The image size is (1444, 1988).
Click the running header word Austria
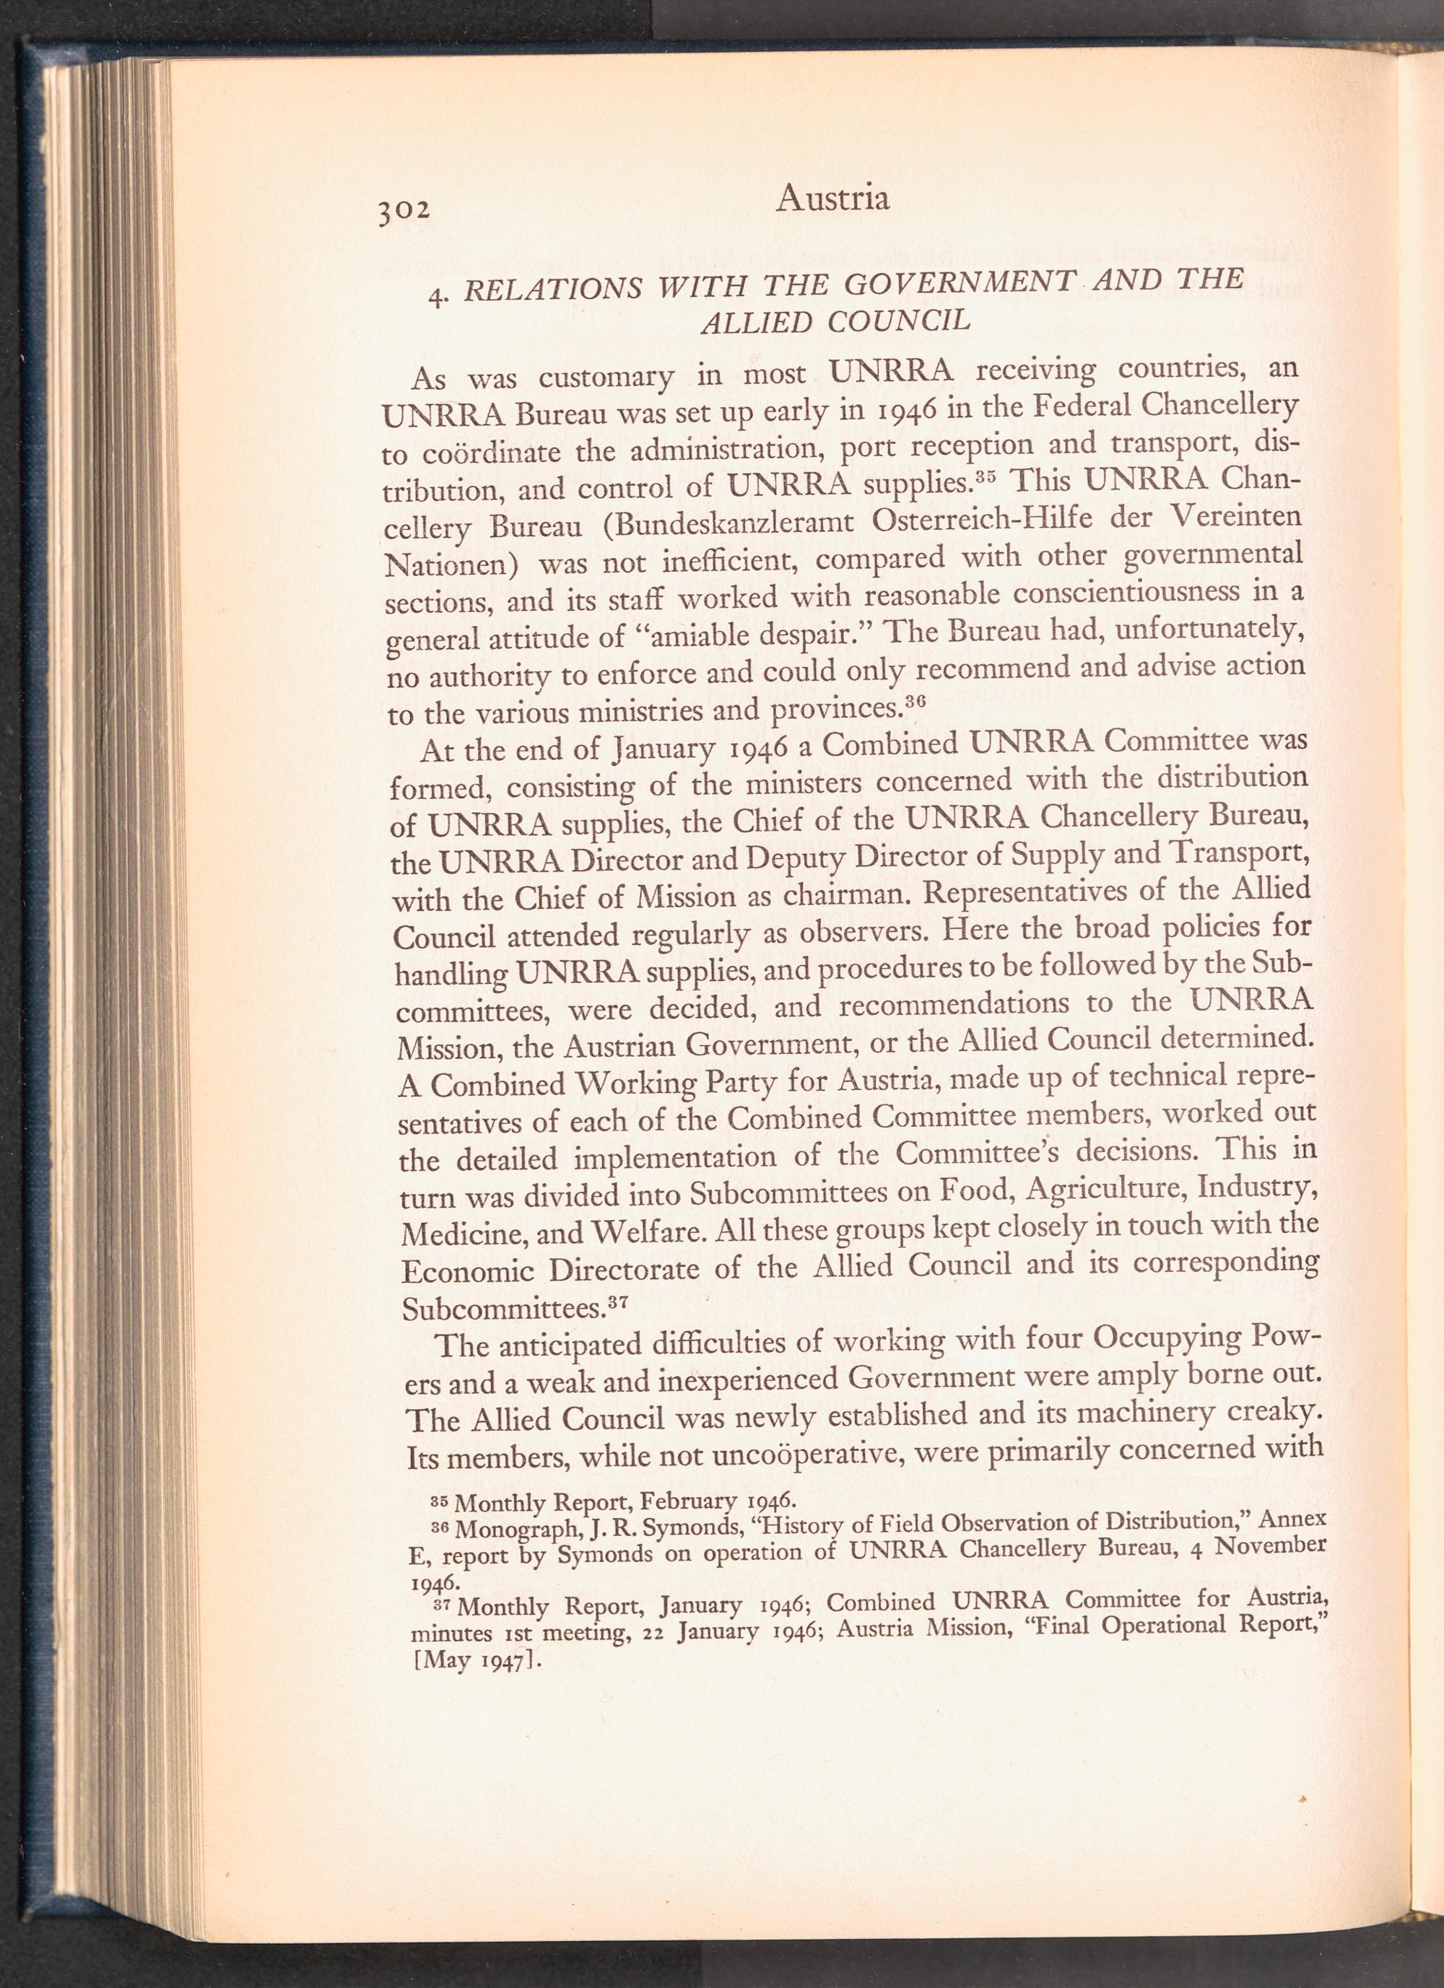click(832, 199)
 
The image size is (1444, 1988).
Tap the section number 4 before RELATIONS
click(436, 295)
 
